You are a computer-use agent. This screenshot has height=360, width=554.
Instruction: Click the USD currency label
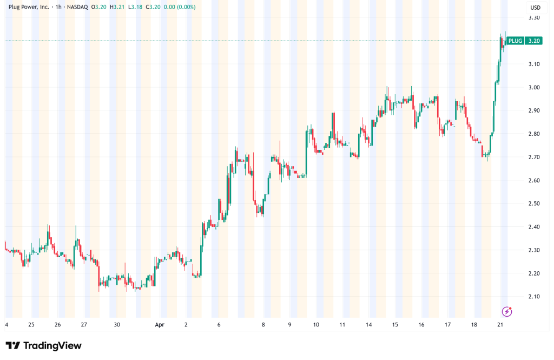tap(534, 8)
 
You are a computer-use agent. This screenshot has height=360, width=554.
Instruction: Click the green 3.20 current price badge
tap(533, 41)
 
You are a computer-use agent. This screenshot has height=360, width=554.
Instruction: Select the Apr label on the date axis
tap(160, 325)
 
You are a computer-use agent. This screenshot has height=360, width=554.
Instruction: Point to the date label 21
tap(501, 325)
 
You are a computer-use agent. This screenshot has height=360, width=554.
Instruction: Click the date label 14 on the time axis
tap(369, 325)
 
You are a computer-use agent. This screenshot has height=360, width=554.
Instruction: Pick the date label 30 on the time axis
tap(116, 325)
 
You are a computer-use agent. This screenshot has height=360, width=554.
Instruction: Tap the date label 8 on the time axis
tap(263, 325)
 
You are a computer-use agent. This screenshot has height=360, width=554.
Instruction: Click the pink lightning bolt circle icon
tap(507, 311)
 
